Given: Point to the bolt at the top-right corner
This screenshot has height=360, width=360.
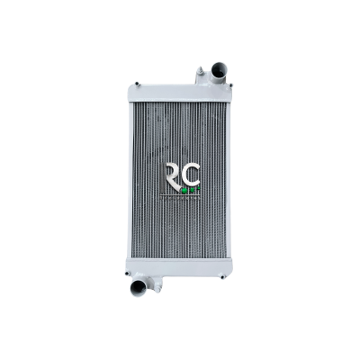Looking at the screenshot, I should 227,86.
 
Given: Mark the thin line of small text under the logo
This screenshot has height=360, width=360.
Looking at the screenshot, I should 180,195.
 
